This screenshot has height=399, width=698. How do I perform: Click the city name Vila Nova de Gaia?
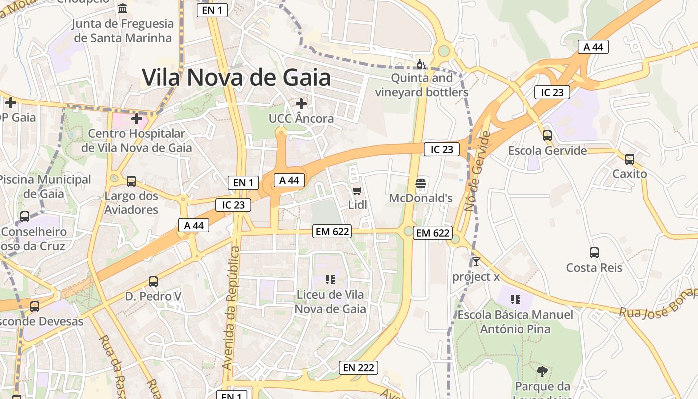[x=236, y=77]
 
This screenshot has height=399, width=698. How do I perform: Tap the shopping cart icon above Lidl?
[x=357, y=191]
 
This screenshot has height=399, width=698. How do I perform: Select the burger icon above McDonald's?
[x=421, y=184]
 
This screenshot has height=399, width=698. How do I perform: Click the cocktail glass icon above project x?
[x=476, y=261]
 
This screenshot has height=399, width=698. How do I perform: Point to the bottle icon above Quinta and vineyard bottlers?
[x=421, y=64]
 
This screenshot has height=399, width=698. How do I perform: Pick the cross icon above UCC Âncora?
[x=301, y=104]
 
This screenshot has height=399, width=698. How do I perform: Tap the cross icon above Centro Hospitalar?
[x=137, y=119]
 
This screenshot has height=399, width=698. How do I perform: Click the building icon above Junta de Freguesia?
[x=123, y=8]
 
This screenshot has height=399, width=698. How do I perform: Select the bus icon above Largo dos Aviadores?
[x=131, y=181]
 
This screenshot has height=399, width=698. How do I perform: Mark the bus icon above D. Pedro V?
[x=153, y=281]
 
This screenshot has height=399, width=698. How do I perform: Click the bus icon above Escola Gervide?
[x=547, y=135]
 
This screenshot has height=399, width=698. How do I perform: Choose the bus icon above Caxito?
[x=630, y=159]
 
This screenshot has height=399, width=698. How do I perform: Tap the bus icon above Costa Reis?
[x=594, y=252]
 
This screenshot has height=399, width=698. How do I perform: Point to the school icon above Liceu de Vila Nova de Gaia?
[x=330, y=279]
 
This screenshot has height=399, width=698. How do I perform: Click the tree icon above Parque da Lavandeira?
[x=542, y=371]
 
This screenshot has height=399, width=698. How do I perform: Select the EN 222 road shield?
[x=358, y=368]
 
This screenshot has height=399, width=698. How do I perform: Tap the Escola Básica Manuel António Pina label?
[x=515, y=322]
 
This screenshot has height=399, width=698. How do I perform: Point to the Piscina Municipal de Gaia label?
[x=45, y=186]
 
